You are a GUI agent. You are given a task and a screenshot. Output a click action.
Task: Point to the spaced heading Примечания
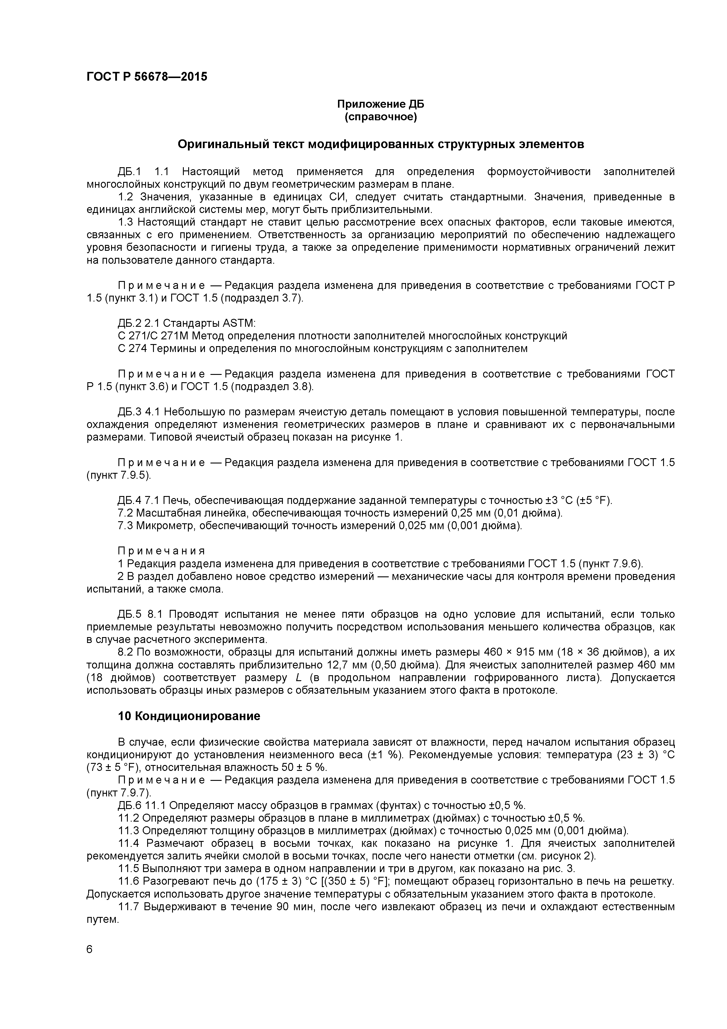[161, 551]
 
